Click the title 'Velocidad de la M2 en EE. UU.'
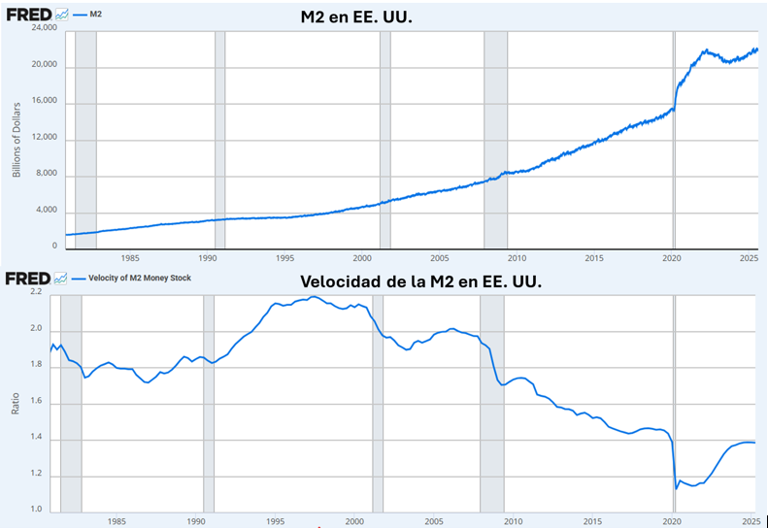[x=418, y=281]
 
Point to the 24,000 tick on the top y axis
[x=45, y=29]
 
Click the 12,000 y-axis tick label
[x=45, y=139]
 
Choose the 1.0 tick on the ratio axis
[x=36, y=511]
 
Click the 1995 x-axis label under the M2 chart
[x=284, y=258]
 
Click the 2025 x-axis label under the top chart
[x=749, y=258]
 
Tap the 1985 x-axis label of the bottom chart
[x=117, y=521]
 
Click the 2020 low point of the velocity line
[x=676, y=488]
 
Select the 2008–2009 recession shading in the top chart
[x=495, y=136]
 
